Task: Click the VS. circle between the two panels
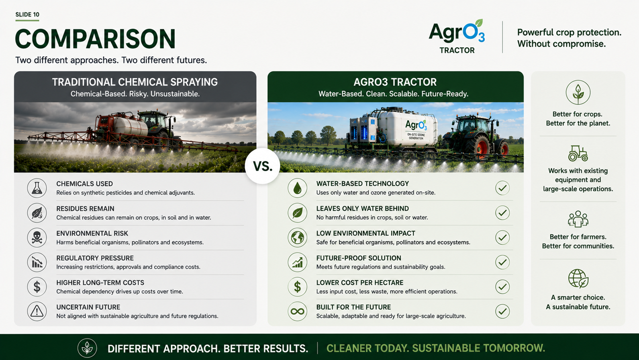tap(262, 166)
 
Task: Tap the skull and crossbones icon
tap(37, 237)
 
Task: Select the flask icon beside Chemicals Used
tap(37, 188)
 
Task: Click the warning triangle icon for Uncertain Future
tap(37, 311)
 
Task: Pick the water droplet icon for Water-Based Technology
tap(297, 188)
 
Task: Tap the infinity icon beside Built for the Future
tap(297, 311)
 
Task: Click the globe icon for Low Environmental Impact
tap(297, 237)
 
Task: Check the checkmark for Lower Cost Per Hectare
tap(502, 287)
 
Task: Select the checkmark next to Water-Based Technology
tap(502, 188)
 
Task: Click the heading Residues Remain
tap(85, 209)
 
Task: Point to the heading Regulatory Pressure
tap(95, 258)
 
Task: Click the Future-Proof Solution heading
tap(359, 258)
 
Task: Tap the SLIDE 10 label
tap(27, 14)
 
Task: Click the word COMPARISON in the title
tap(95, 39)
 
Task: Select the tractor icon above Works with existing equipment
tap(578, 153)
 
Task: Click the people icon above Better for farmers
tap(578, 219)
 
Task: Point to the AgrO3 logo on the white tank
tap(416, 125)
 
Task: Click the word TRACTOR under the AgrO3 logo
tap(457, 50)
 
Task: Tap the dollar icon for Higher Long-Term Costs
tap(37, 287)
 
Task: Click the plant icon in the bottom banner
tap(87, 348)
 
